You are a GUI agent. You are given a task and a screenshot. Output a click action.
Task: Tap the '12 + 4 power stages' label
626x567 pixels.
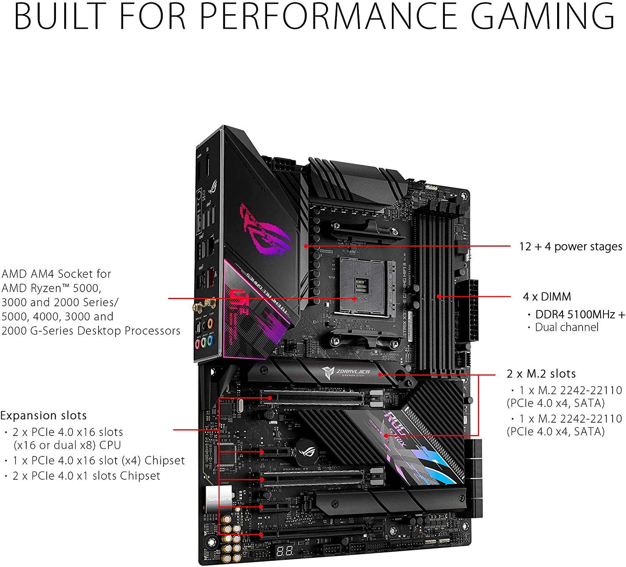[x=570, y=247]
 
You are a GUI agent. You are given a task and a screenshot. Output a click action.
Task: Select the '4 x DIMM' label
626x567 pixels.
[x=547, y=297]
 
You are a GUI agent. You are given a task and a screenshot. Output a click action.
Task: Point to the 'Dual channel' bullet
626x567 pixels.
[x=566, y=327]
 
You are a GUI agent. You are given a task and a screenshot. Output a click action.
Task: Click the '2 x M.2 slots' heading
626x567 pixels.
[x=541, y=373]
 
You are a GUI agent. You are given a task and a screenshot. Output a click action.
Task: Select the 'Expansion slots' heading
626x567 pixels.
[x=43, y=416]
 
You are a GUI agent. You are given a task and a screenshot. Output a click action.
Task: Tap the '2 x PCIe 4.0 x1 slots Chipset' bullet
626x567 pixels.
[x=86, y=476]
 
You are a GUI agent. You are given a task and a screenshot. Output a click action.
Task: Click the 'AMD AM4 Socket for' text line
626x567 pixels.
[x=56, y=274]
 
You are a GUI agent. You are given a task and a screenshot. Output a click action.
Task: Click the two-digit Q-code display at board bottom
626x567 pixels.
[x=284, y=551]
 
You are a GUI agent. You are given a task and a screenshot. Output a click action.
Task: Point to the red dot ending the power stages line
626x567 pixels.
[x=306, y=246]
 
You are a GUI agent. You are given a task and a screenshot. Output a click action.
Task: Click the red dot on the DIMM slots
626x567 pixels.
[x=438, y=297]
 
